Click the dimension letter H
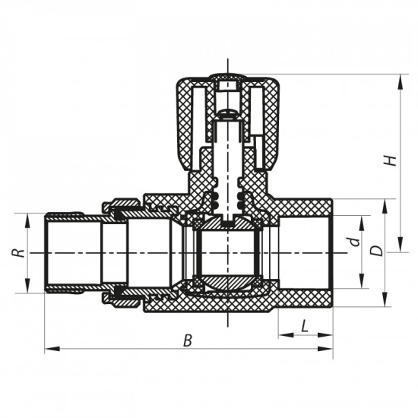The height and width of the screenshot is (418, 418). click(388, 160)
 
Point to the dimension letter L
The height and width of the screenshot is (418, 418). click(305, 326)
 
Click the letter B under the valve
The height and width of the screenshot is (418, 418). click(187, 341)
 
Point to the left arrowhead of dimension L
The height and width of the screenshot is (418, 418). click(282, 334)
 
